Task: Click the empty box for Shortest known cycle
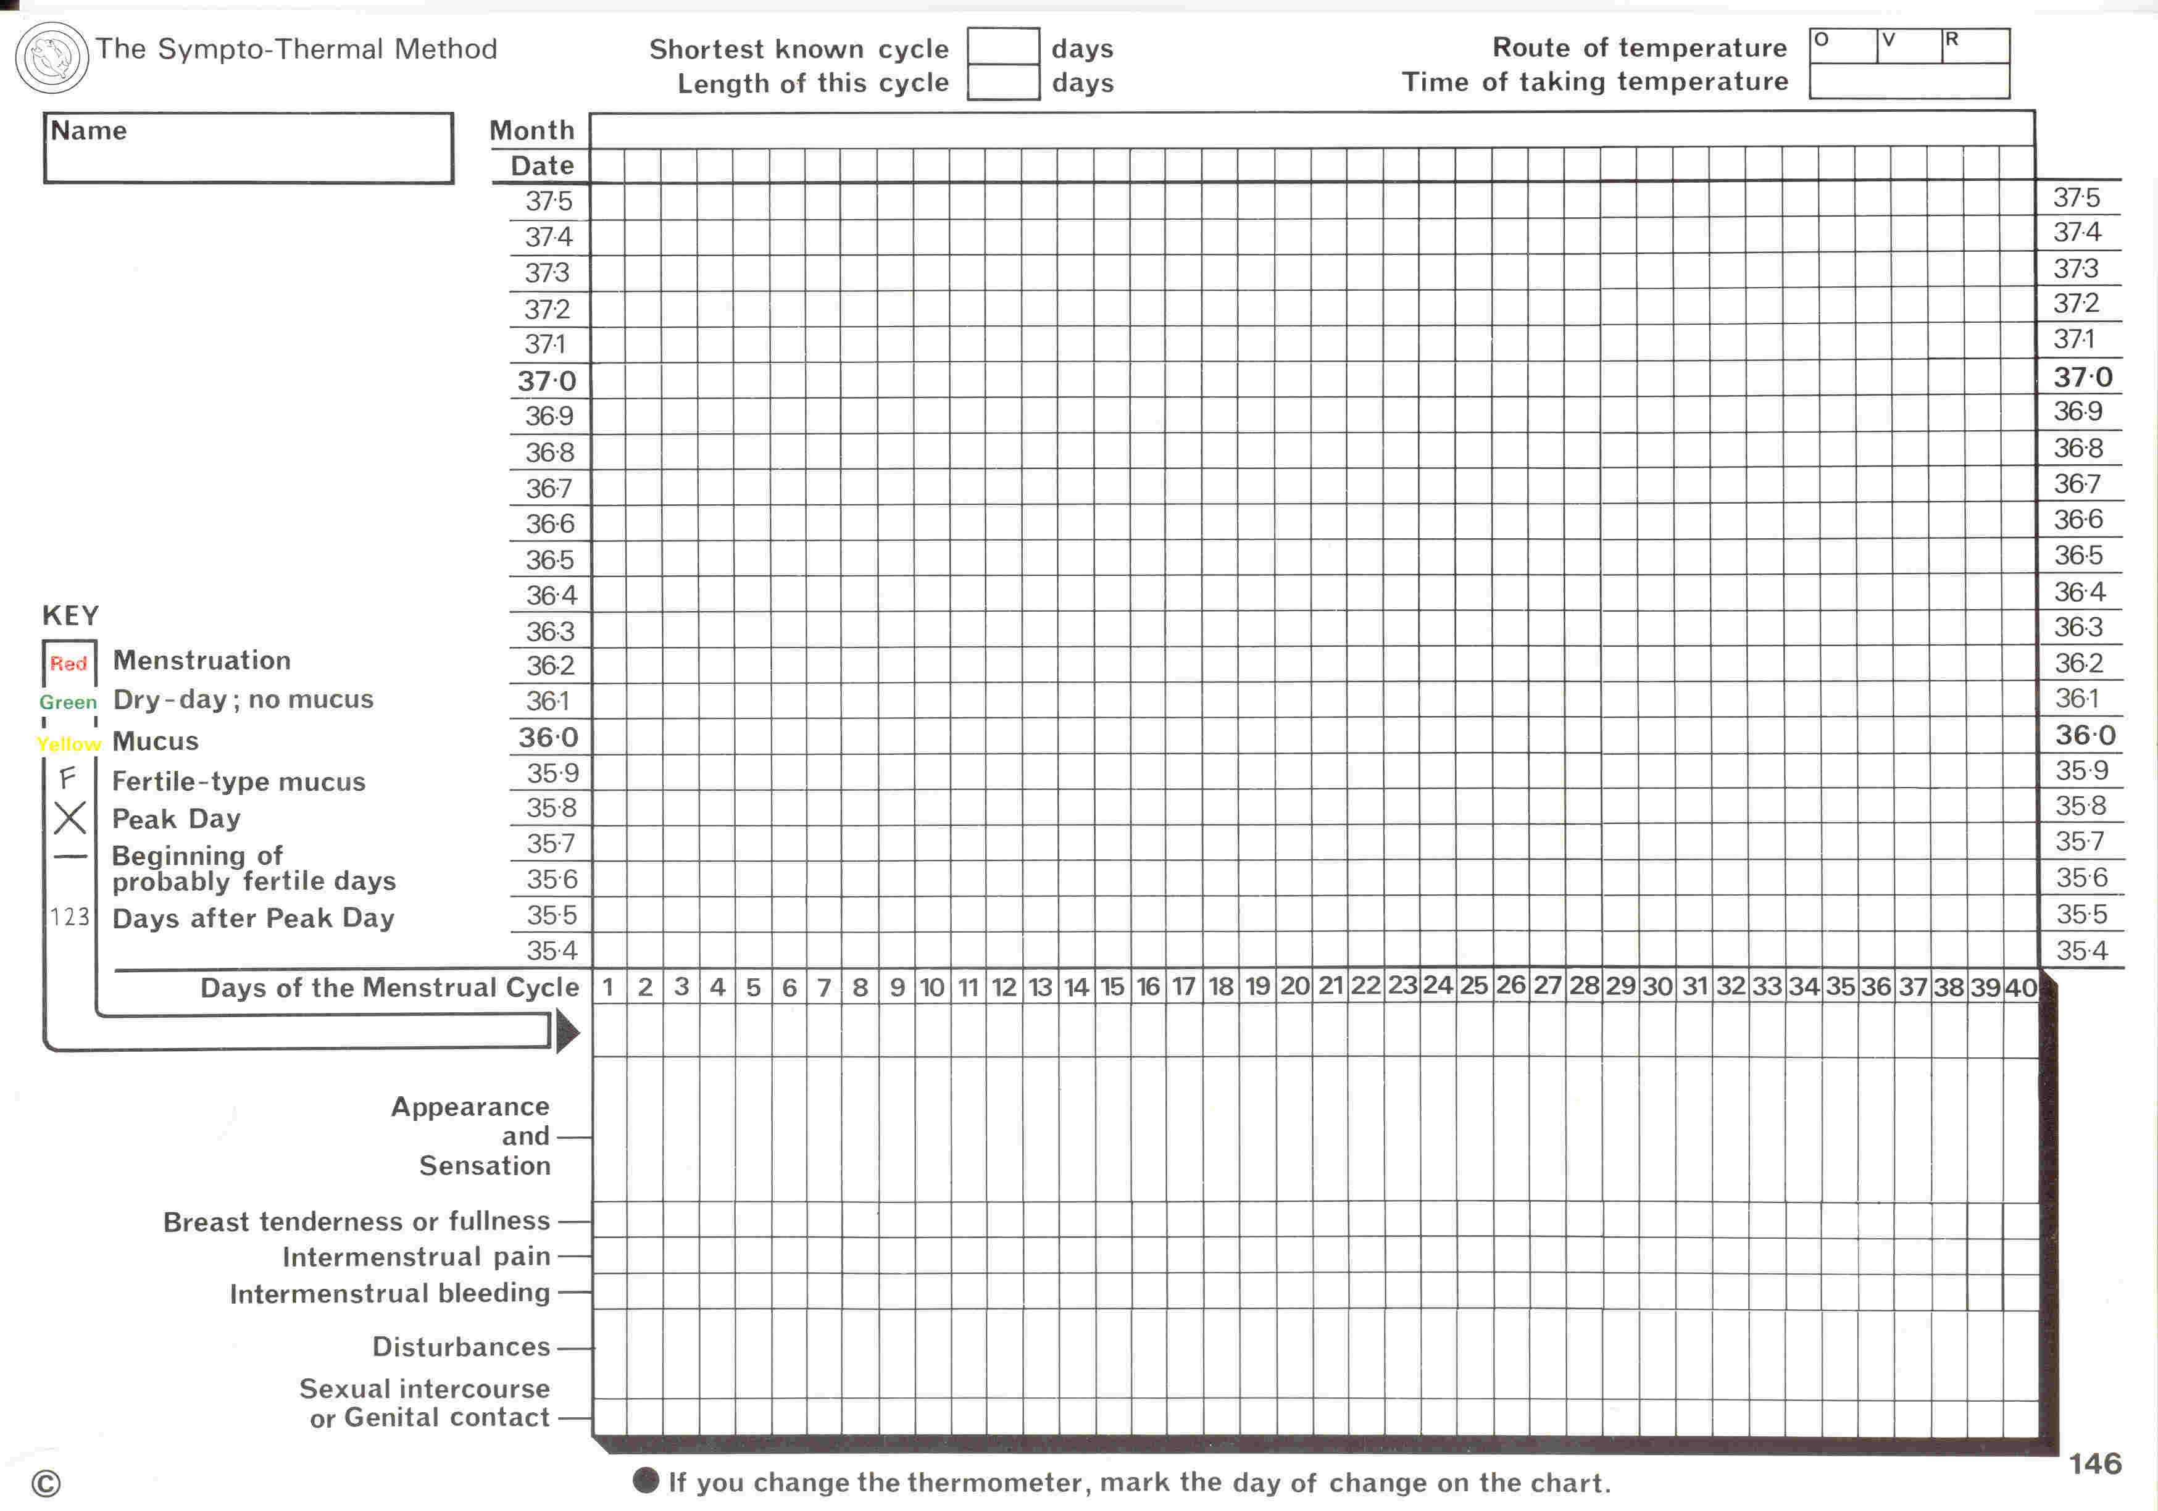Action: coord(1003,46)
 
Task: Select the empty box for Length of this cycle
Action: coord(1003,81)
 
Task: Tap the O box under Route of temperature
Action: coord(1842,45)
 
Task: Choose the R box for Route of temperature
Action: coord(1975,45)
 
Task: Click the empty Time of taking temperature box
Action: coord(1909,81)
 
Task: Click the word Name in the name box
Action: coord(88,131)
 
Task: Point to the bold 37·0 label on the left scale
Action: coord(546,381)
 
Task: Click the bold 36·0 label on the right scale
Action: coord(2085,735)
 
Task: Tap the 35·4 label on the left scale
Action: coord(552,950)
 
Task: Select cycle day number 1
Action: coord(608,987)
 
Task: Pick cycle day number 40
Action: coord(2020,988)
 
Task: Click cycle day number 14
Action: coord(1076,987)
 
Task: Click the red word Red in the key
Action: coord(69,664)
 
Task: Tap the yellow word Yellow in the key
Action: coord(69,743)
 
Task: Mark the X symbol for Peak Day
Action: coord(70,817)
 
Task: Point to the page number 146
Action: coord(2095,1463)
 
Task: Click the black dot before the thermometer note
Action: coord(646,1480)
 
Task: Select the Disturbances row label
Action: coord(460,1347)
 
